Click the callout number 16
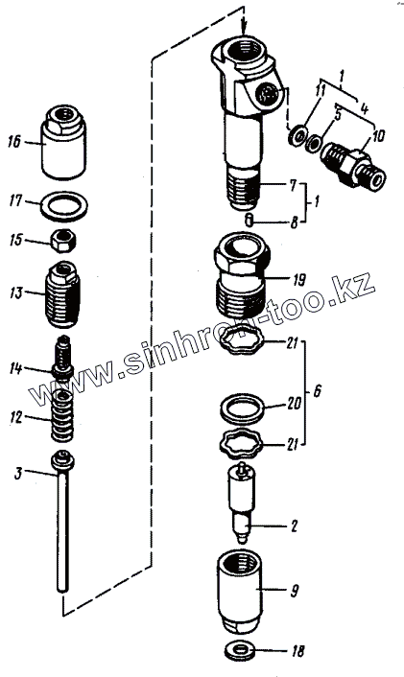[x=14, y=141]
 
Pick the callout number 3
[x=17, y=473]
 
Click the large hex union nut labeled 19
[x=242, y=276]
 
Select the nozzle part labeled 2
[x=242, y=501]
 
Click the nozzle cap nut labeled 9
[x=239, y=587]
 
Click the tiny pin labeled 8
[x=250, y=221]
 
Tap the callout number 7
[x=293, y=186]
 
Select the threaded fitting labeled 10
[x=353, y=165]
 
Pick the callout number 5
[x=338, y=115]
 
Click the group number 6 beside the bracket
[x=318, y=391]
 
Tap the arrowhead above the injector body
[x=244, y=30]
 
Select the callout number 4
[x=365, y=108]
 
